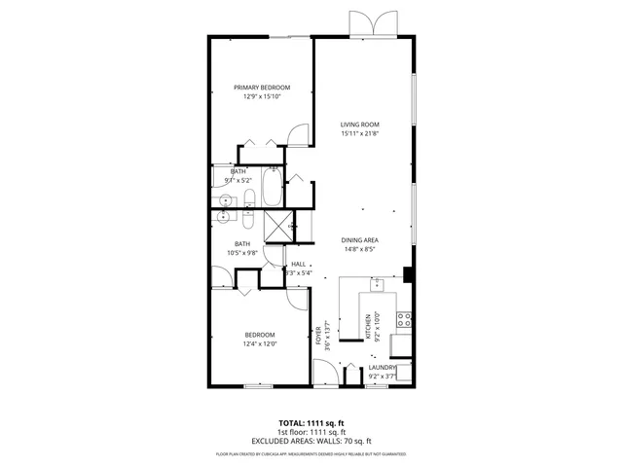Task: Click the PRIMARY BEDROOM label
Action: [x=262, y=88]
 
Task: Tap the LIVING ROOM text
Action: [x=359, y=125]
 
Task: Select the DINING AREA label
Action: [x=359, y=239]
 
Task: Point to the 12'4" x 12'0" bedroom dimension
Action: [x=260, y=342]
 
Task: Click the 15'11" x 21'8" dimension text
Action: [x=359, y=134]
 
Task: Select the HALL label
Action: [x=299, y=264]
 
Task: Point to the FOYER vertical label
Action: [x=318, y=337]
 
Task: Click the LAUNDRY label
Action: [x=382, y=367]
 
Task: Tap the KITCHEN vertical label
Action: [x=367, y=328]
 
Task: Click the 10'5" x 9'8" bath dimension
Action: [x=242, y=253]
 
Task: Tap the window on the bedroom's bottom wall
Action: [x=257, y=386]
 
